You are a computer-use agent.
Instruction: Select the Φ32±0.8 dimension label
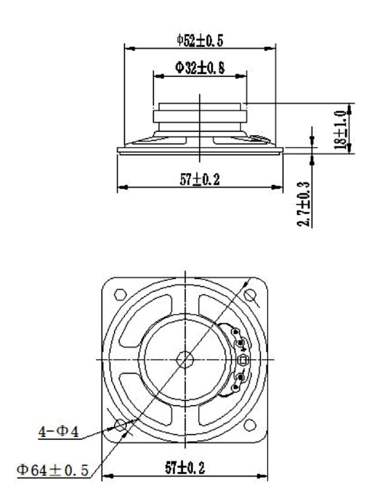pos(200,68)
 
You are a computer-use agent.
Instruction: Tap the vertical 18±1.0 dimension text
pos(341,129)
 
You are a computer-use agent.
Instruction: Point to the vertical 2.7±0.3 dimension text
pos(306,204)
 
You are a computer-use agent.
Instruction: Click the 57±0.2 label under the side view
pos(200,179)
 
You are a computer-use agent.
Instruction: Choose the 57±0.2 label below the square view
pos(185,468)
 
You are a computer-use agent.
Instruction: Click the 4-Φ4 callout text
pos(59,432)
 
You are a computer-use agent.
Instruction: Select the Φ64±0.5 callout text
pos(52,470)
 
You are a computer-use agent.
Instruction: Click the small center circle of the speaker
pos(185,359)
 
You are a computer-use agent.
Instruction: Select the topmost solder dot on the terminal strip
pos(236,332)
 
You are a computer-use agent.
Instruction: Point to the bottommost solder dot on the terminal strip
pos(236,387)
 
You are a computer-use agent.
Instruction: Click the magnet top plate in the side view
pos(200,107)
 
